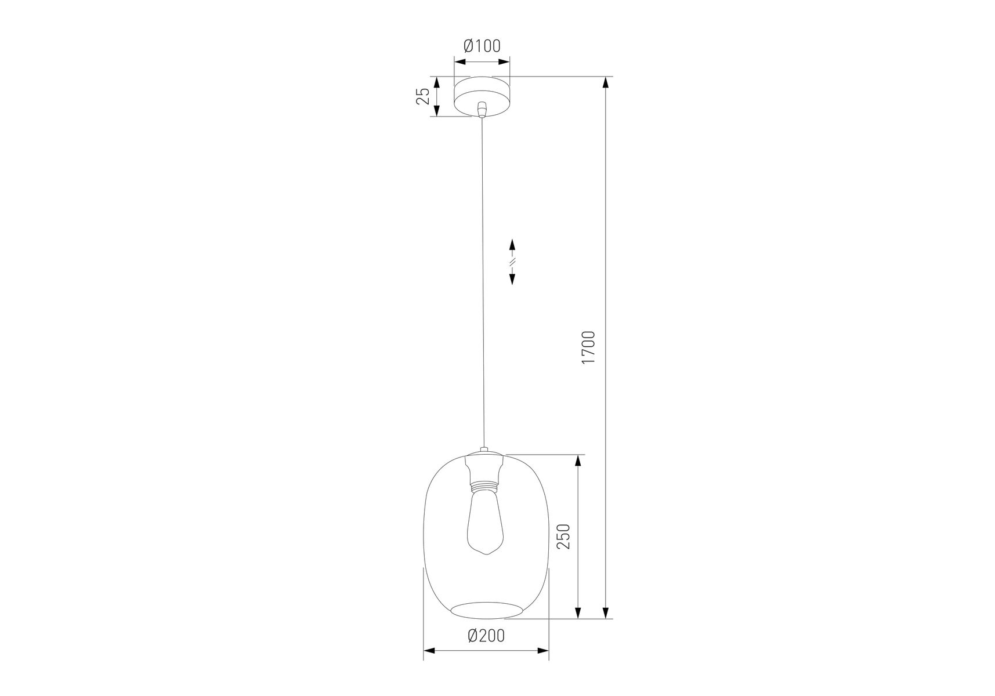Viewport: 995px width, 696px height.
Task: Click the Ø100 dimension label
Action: (482, 46)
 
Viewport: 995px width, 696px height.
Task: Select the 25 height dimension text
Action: (424, 96)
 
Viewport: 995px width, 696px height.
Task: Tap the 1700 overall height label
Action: (588, 347)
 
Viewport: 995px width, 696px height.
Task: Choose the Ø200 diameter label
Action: (486, 636)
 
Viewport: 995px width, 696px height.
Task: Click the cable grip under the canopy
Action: (482, 110)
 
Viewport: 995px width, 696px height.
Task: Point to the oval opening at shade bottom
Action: (486, 611)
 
